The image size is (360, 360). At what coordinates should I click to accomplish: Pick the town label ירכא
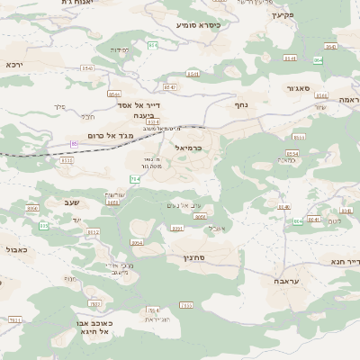[x=13, y=65]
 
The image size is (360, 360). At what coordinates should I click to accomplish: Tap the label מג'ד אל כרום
[x=111, y=135]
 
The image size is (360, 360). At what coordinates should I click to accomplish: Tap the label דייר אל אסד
[x=132, y=105]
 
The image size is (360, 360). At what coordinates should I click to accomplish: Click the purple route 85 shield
[x=75, y=143]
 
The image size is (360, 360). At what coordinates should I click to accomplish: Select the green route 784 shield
[x=135, y=180]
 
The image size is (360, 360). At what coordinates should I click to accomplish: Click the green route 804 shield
[x=32, y=208]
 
